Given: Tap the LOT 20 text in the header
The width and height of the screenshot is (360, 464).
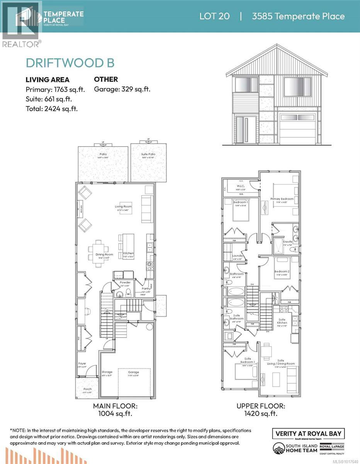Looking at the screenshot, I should tap(214, 16).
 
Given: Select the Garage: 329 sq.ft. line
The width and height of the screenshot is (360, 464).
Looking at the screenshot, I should tap(122, 89).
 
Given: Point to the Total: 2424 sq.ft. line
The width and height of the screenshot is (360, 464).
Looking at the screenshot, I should tap(51, 109).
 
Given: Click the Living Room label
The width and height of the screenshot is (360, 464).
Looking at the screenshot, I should tap(123, 206).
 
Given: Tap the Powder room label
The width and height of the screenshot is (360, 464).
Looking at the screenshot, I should tap(125, 282).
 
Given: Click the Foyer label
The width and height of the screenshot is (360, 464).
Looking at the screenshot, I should tap(82, 363).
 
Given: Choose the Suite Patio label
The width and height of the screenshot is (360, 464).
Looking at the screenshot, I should tap(148, 154).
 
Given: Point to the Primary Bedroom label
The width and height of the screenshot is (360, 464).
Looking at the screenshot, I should tap(282, 199).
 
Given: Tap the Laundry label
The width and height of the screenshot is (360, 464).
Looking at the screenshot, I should tap(237, 256).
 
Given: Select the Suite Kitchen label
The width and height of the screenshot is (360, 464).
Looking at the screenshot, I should tap(282, 320).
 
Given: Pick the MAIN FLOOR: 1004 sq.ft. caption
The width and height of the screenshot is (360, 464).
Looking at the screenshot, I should tap(115, 410).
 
